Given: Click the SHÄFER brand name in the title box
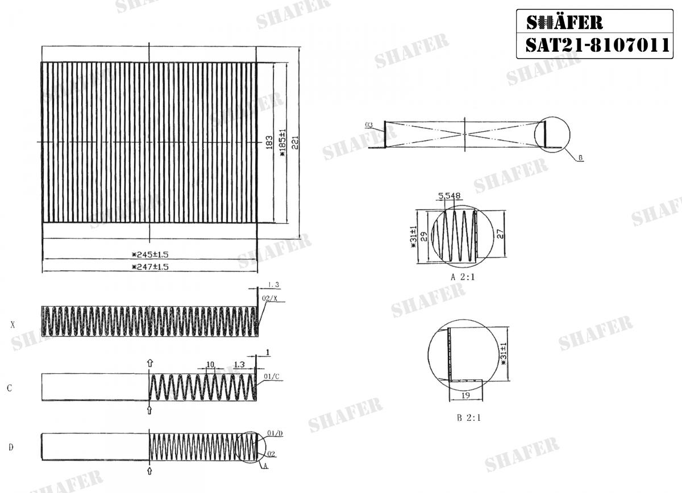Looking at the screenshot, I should (x=564, y=22).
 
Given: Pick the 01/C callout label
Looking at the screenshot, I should (x=271, y=377).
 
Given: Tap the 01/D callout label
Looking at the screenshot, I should (x=273, y=433).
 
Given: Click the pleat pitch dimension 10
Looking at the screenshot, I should (x=210, y=364).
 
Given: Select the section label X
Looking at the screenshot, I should (x=13, y=325).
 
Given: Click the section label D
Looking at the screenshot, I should (x=10, y=448).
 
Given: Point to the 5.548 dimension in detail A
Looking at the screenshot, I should (x=449, y=196).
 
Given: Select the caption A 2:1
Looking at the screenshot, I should (x=462, y=278).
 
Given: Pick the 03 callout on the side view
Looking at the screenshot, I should (x=369, y=124).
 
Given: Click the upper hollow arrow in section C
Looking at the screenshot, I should (x=149, y=362).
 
